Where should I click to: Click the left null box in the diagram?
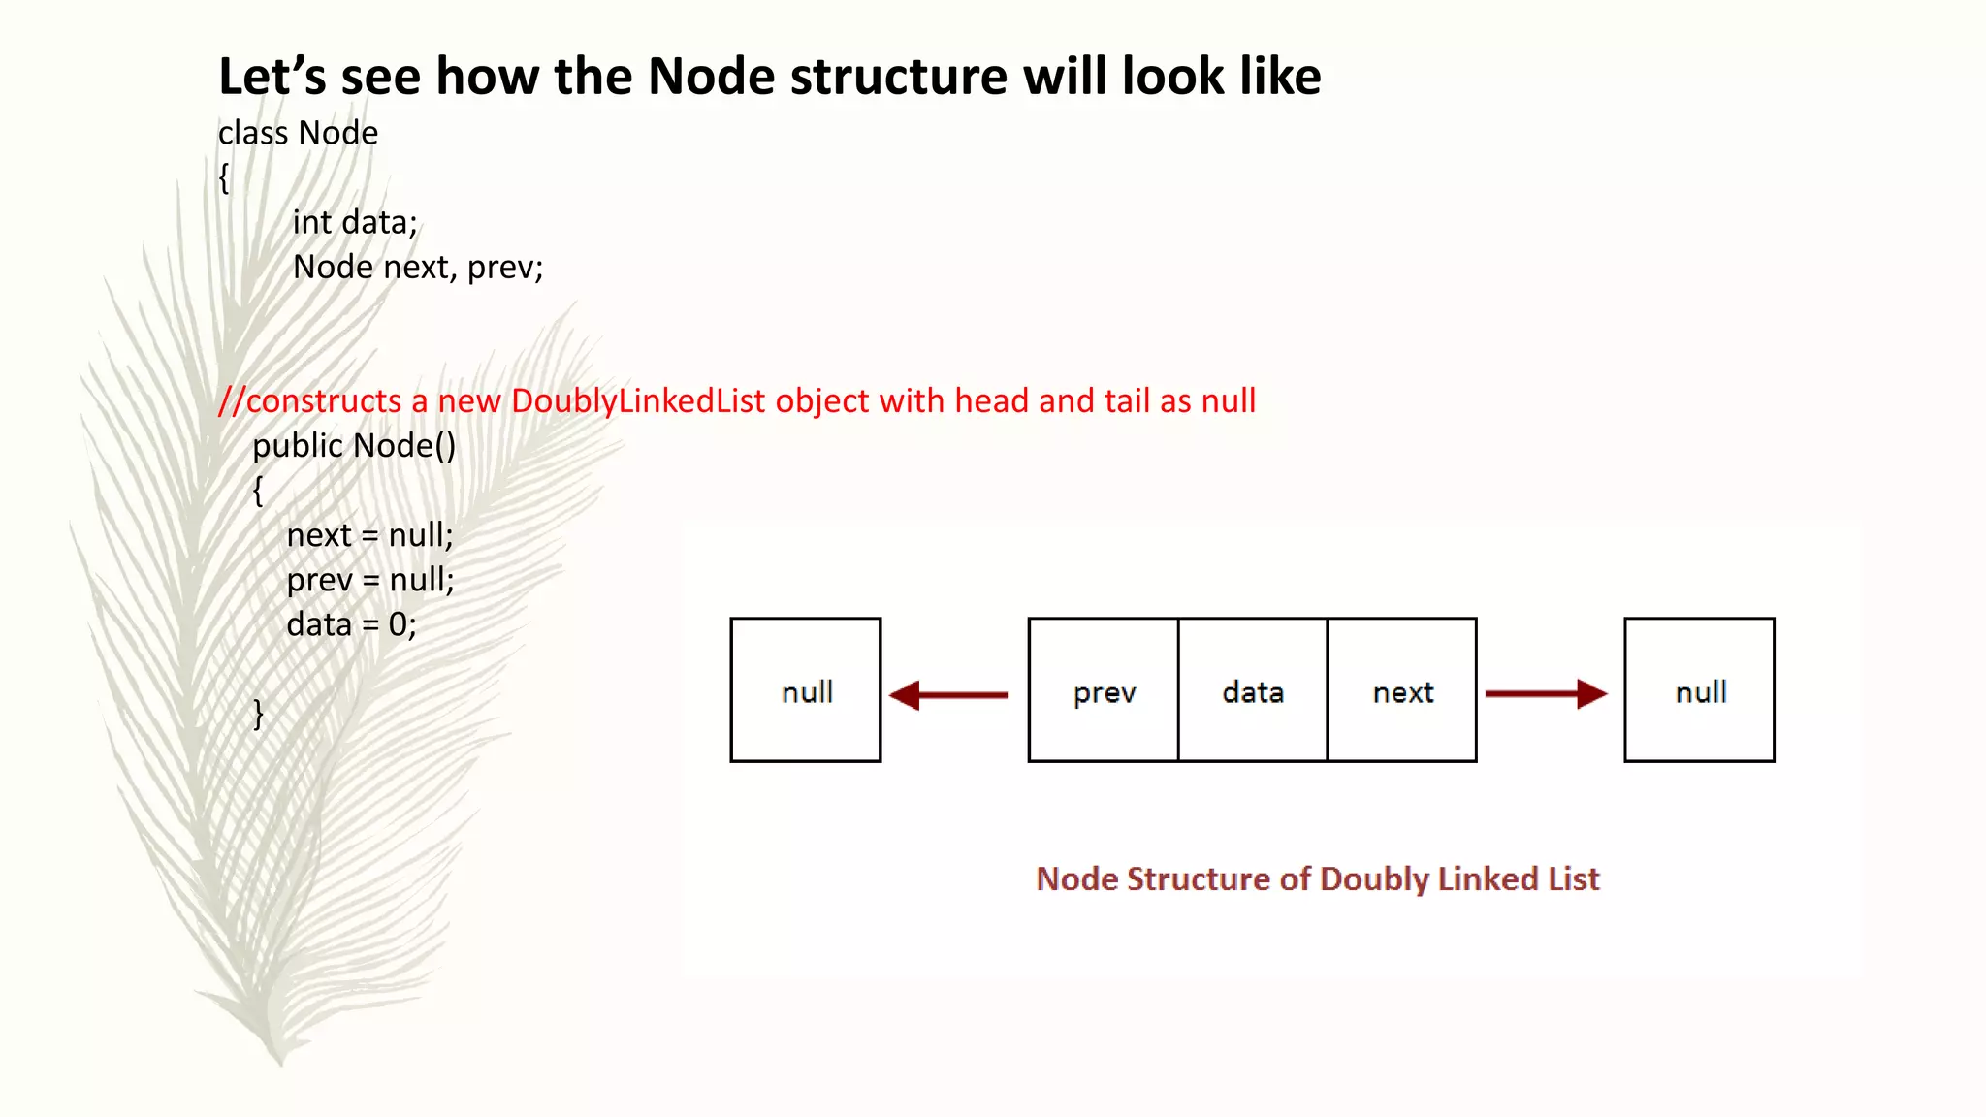pyautogui.click(x=806, y=690)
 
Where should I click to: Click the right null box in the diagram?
pyautogui.click(x=1699, y=690)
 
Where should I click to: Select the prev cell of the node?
pyautogui.click(x=1104, y=690)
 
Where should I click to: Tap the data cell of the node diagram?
pyautogui.click(x=1253, y=690)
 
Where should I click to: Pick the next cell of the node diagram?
pyautogui.click(x=1402, y=690)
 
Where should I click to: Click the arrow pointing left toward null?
pyautogui.click(x=948, y=694)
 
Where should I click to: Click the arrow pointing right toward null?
pyautogui.click(x=1546, y=694)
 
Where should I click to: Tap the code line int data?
pyautogui.click(x=355, y=222)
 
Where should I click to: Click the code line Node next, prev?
pyautogui.click(x=418, y=267)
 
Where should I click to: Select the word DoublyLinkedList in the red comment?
pyautogui.click(x=638, y=400)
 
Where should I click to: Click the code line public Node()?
pyautogui.click(x=354, y=445)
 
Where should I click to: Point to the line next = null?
pyautogui.click(x=369, y=534)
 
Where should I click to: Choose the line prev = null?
pyautogui.click(x=369, y=579)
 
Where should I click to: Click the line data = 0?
pyautogui.click(x=351, y=623)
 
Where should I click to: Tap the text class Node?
pyautogui.click(x=298, y=133)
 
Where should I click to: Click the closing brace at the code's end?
pyautogui.click(x=258, y=713)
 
